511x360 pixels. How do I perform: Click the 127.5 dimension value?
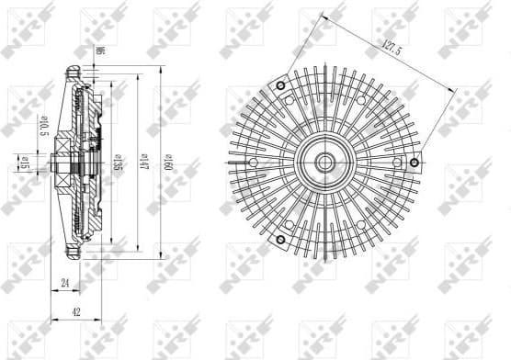click(390, 48)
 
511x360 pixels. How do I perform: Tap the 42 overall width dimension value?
click(76, 312)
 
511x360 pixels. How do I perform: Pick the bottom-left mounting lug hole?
click(278, 242)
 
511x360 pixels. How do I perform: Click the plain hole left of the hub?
click(244, 162)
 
